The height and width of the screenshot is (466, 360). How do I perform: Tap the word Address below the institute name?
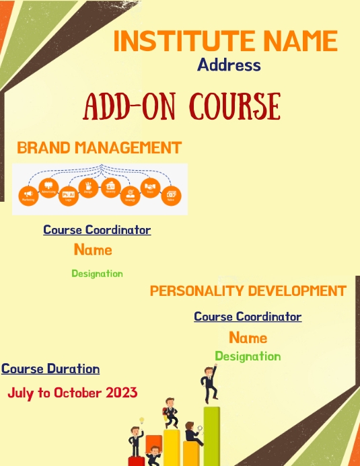[x=229, y=65]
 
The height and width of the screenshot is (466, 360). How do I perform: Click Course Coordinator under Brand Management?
[x=97, y=230]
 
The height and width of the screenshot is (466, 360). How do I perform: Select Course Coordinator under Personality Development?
[x=248, y=316]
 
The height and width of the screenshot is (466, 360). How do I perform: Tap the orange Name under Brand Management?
[x=93, y=250]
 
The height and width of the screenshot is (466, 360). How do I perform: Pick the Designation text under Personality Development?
[x=248, y=356]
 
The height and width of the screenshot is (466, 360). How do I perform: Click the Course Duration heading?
[x=50, y=368]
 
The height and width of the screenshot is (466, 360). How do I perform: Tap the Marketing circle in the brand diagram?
[x=28, y=195]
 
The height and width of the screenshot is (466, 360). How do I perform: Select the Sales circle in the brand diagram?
[x=171, y=195]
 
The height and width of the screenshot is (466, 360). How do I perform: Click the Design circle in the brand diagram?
[x=89, y=186]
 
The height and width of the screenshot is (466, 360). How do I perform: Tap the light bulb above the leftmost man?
[x=142, y=421]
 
